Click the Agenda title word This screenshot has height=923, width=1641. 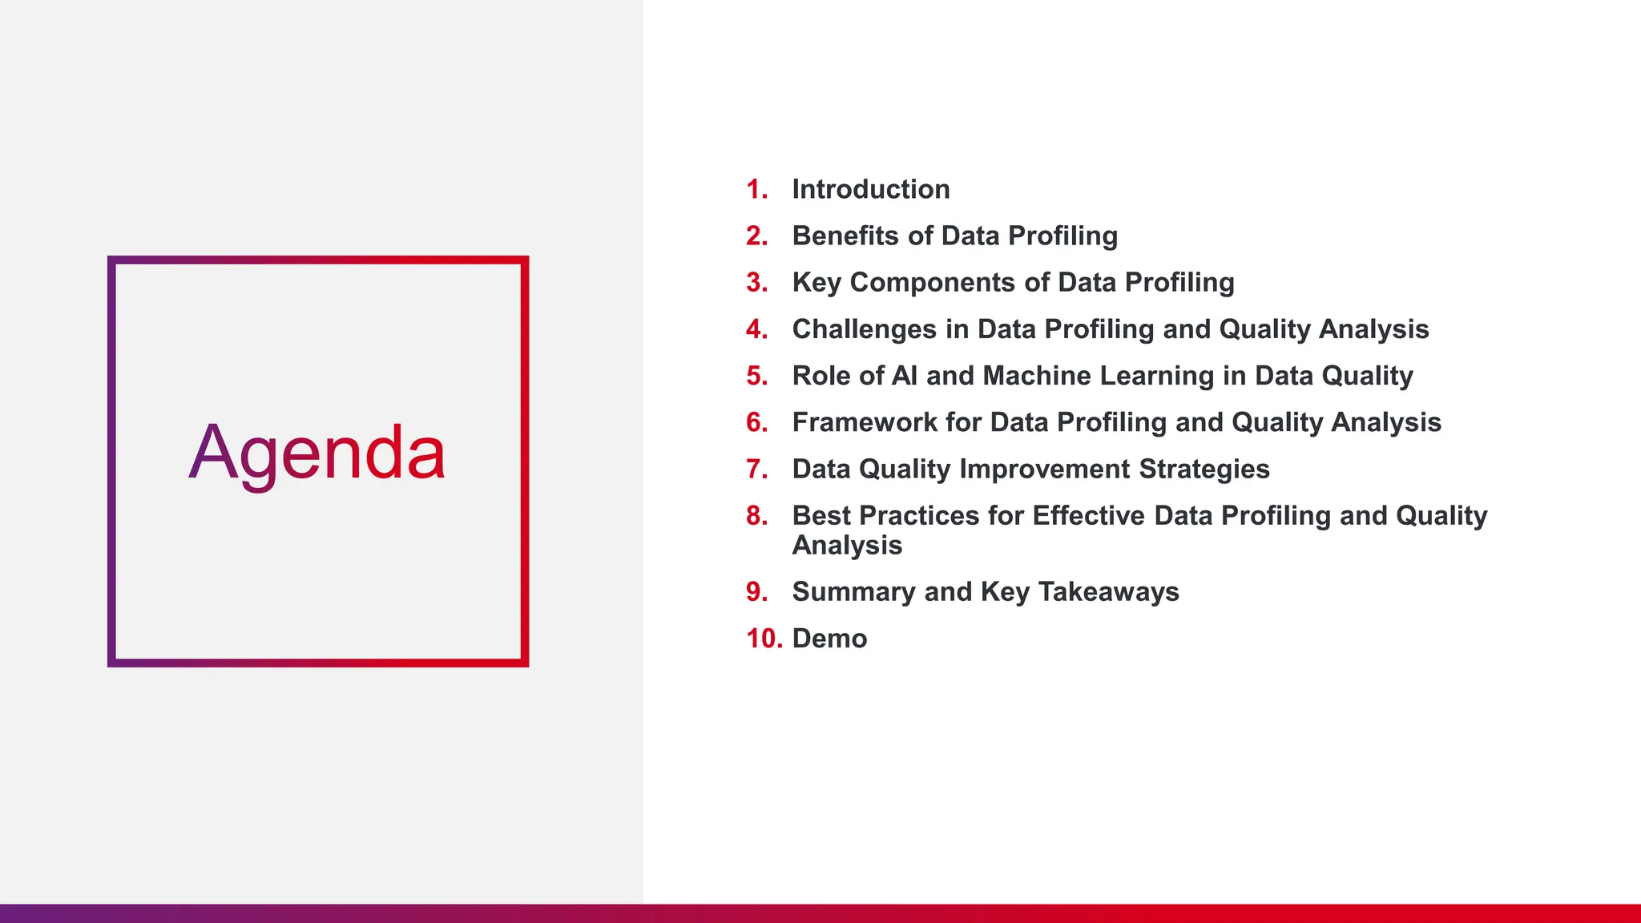(x=317, y=453)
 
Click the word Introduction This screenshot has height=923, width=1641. (x=871, y=189)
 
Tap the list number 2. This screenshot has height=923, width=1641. (x=756, y=236)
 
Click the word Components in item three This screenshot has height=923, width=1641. (x=932, y=282)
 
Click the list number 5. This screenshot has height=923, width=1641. (x=756, y=376)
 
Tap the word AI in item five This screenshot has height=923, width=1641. (x=904, y=376)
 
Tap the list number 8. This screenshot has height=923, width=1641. (x=756, y=515)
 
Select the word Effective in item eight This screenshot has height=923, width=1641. (x=1089, y=515)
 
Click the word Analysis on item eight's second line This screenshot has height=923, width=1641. (x=847, y=546)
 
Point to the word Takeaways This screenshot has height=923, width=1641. (x=1108, y=591)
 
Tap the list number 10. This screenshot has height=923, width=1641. (x=764, y=639)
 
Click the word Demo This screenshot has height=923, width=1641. (x=829, y=639)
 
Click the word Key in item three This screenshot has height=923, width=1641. (x=816, y=282)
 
